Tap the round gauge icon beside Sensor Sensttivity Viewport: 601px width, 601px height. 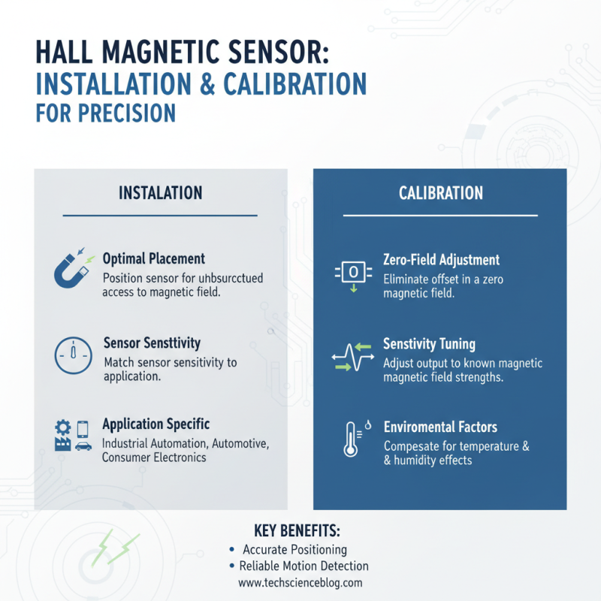coord(72,355)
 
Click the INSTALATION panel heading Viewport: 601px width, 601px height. coord(160,193)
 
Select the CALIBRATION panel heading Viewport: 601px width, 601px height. coord(440,193)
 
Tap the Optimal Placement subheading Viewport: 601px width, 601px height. coord(153,258)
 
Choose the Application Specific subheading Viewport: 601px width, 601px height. coord(156,424)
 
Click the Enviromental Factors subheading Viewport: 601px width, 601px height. coord(440,427)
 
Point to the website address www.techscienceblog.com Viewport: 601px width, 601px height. coord(300,582)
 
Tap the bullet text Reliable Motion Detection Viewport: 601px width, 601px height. coord(304,566)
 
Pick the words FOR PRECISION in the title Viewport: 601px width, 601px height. coord(105,112)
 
